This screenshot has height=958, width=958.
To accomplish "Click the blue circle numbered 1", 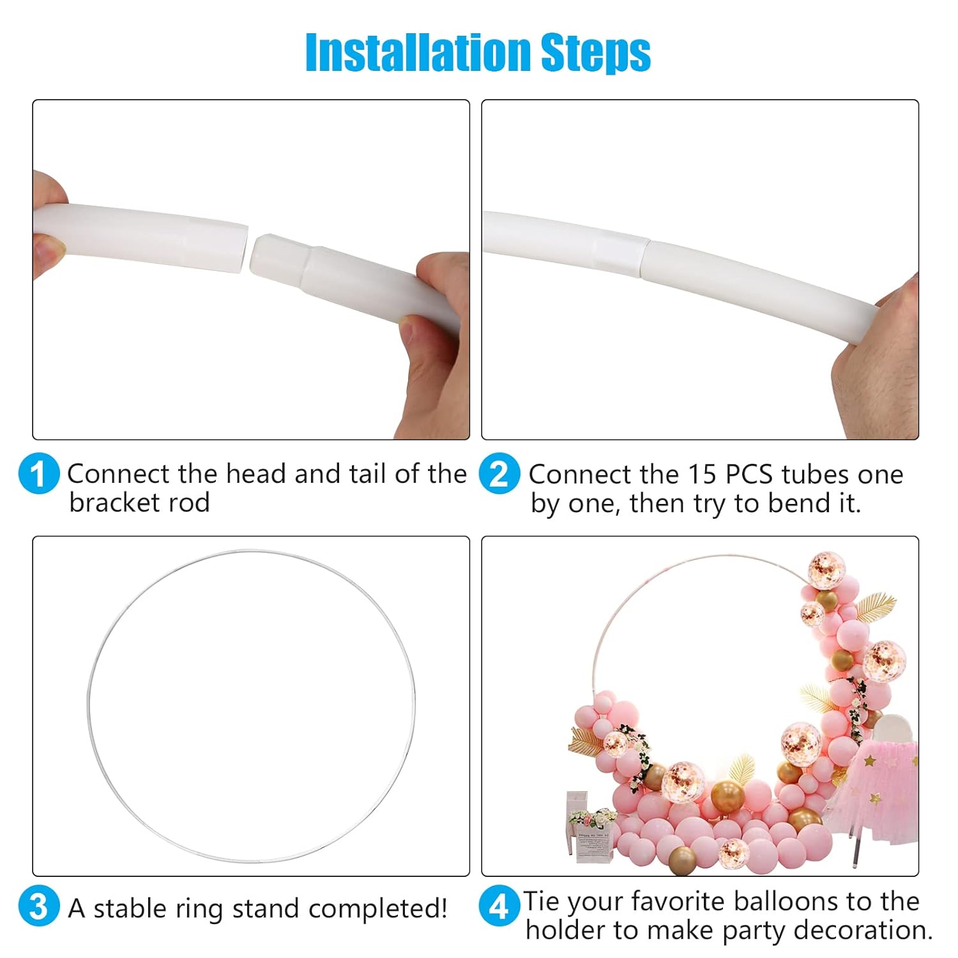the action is coord(39,474).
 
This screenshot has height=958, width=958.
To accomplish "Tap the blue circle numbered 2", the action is coord(499,474).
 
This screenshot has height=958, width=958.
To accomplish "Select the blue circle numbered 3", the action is coord(39,907).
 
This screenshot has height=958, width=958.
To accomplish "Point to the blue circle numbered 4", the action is coord(499,907).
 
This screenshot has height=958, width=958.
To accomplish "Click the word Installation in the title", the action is coord(419,52).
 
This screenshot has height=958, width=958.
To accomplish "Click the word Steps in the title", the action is coord(596,54).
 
